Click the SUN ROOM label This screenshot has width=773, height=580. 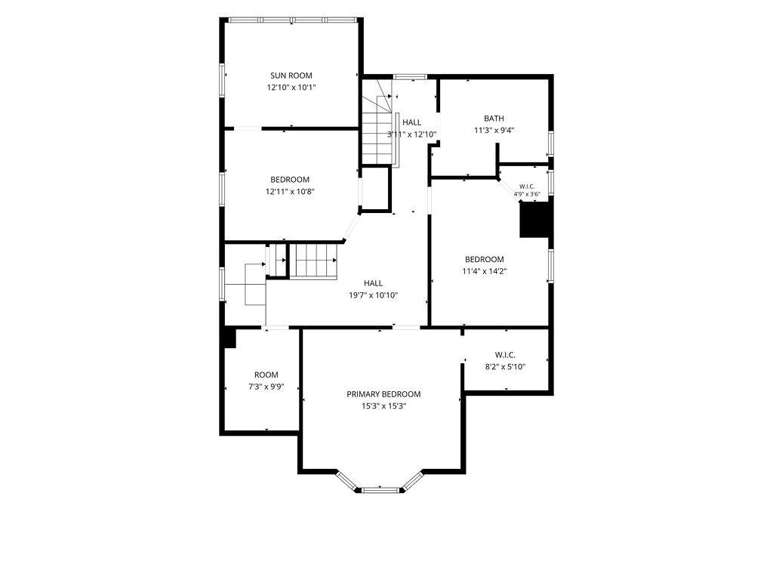[291, 76]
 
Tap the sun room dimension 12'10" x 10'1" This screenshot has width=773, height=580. [291, 88]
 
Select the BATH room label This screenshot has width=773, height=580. [494, 119]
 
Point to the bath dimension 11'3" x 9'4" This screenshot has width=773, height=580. [494, 130]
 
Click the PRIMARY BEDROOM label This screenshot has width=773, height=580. [383, 394]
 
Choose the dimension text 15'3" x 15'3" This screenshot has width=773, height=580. [383, 406]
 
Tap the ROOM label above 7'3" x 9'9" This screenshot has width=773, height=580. [266, 375]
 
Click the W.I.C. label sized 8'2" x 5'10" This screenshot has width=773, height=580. [505, 355]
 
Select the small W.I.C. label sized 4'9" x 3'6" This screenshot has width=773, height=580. [527, 187]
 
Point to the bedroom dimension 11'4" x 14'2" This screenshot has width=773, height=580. [485, 271]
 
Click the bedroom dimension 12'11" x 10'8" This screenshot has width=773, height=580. [290, 191]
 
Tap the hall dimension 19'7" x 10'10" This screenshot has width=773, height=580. [373, 295]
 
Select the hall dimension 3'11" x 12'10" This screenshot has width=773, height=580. [411, 134]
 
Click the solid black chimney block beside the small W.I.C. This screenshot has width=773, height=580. [536, 219]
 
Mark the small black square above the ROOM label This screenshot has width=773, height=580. [229, 338]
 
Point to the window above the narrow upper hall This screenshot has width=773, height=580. [410, 76]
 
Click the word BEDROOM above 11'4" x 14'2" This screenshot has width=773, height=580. [485, 259]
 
